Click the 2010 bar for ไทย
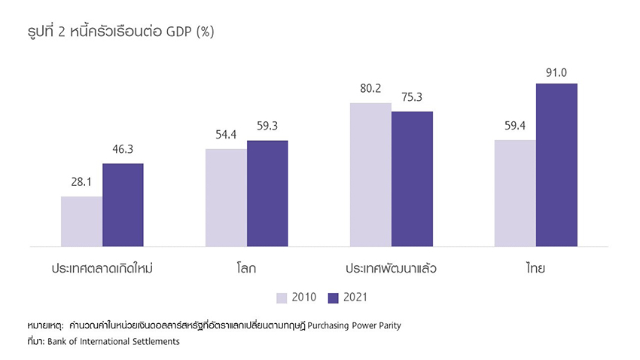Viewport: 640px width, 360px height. tap(515, 193)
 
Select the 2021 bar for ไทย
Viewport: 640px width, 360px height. tap(556, 165)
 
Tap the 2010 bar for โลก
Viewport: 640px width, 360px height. tap(226, 197)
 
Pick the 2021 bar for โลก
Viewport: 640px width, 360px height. tap(267, 194)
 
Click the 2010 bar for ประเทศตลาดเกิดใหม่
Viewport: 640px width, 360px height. tap(81, 221)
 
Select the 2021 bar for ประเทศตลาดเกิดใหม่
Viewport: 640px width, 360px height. tap(123, 205)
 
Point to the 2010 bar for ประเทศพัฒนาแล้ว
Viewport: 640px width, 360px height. tap(370, 175)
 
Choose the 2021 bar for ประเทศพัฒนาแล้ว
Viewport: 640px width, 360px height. tap(412, 179)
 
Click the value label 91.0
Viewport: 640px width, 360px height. tap(556, 72)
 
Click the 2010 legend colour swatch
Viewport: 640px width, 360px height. tap(283, 297)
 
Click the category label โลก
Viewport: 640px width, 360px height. tap(246, 267)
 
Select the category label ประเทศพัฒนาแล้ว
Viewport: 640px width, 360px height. tap(391, 267)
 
